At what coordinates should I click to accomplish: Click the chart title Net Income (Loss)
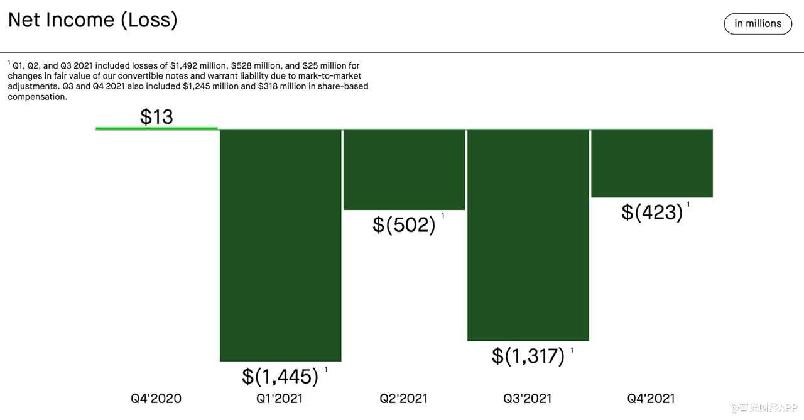click(93, 20)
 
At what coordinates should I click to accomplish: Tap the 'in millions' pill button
click(758, 24)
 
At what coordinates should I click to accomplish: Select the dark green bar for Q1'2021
click(280, 245)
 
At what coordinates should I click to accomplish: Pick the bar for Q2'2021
click(404, 169)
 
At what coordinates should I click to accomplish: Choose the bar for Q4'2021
click(651, 163)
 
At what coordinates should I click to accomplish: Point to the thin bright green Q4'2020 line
click(156, 128)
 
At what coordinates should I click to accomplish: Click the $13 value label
click(156, 116)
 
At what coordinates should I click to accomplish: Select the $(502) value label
click(404, 224)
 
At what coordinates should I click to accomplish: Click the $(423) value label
click(652, 212)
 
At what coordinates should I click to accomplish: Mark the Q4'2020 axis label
click(156, 398)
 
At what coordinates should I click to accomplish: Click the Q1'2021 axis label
click(280, 398)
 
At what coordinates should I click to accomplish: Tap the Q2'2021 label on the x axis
click(403, 398)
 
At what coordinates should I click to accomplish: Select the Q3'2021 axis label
click(527, 398)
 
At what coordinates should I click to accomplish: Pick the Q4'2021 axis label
click(651, 398)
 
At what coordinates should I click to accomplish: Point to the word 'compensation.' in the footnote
click(37, 97)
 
